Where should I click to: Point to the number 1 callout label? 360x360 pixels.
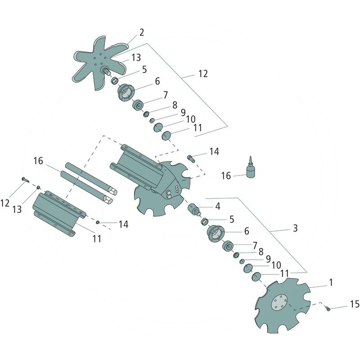331,283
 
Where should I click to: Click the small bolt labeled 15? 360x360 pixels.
328,308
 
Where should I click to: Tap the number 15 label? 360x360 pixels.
354,305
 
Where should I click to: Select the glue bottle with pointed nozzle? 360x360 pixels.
251,169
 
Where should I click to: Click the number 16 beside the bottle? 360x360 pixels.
225,175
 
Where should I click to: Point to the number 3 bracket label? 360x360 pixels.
295,228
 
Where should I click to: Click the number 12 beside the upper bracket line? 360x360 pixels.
203,74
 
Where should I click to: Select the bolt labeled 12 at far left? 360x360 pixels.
24,180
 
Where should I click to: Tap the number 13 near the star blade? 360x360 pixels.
136,58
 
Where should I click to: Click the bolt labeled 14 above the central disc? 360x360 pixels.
191,158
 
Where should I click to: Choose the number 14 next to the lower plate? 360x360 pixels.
123,224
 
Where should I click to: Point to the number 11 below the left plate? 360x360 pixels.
97,238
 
